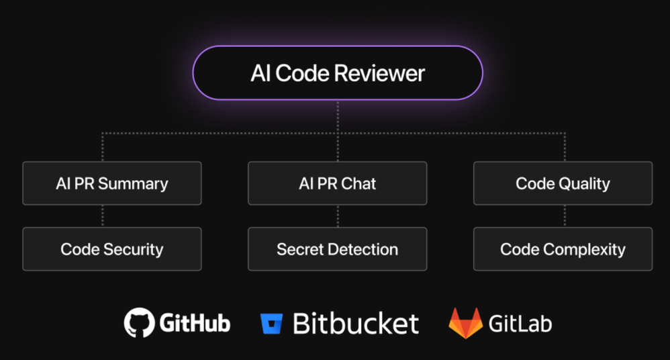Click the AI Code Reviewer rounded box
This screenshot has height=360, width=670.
point(338,73)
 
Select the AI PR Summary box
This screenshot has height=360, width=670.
point(112,183)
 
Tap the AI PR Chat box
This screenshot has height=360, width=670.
point(338,183)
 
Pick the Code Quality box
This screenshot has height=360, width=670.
point(563,183)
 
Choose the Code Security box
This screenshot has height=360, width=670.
point(112,249)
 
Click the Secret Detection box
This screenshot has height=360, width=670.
point(338,249)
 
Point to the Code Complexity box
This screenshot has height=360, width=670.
point(563,249)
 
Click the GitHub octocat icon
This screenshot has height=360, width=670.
point(139,323)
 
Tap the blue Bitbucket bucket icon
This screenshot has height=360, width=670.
point(272,323)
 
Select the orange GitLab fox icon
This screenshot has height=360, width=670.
point(465,323)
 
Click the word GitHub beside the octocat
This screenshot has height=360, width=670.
point(195,324)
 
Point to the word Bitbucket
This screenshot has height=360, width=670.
point(356,324)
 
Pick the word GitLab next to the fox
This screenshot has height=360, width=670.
point(520,324)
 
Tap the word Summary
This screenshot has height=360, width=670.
point(133,183)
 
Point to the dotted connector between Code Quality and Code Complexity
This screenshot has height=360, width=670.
point(564,216)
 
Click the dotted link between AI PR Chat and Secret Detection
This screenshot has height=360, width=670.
point(338,216)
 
